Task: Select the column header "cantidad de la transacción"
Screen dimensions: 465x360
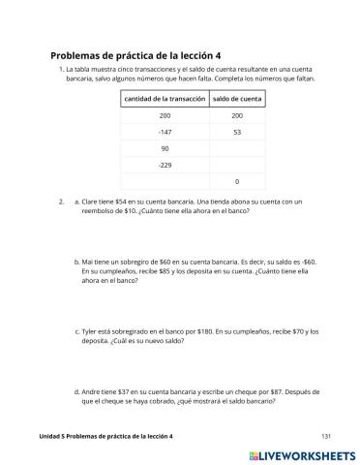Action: [164, 99]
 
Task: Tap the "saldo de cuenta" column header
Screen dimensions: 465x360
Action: [237, 99]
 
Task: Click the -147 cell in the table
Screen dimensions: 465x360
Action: [164, 132]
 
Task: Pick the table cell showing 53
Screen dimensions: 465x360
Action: [237, 132]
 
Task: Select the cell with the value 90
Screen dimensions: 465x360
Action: [164, 148]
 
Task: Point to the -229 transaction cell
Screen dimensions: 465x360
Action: [164, 165]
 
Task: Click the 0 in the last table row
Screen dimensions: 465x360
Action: [237, 181]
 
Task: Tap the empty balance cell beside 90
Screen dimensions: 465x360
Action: [237, 148]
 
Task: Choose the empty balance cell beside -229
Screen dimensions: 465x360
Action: [237, 165]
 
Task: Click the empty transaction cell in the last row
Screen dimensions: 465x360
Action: [164, 181]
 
